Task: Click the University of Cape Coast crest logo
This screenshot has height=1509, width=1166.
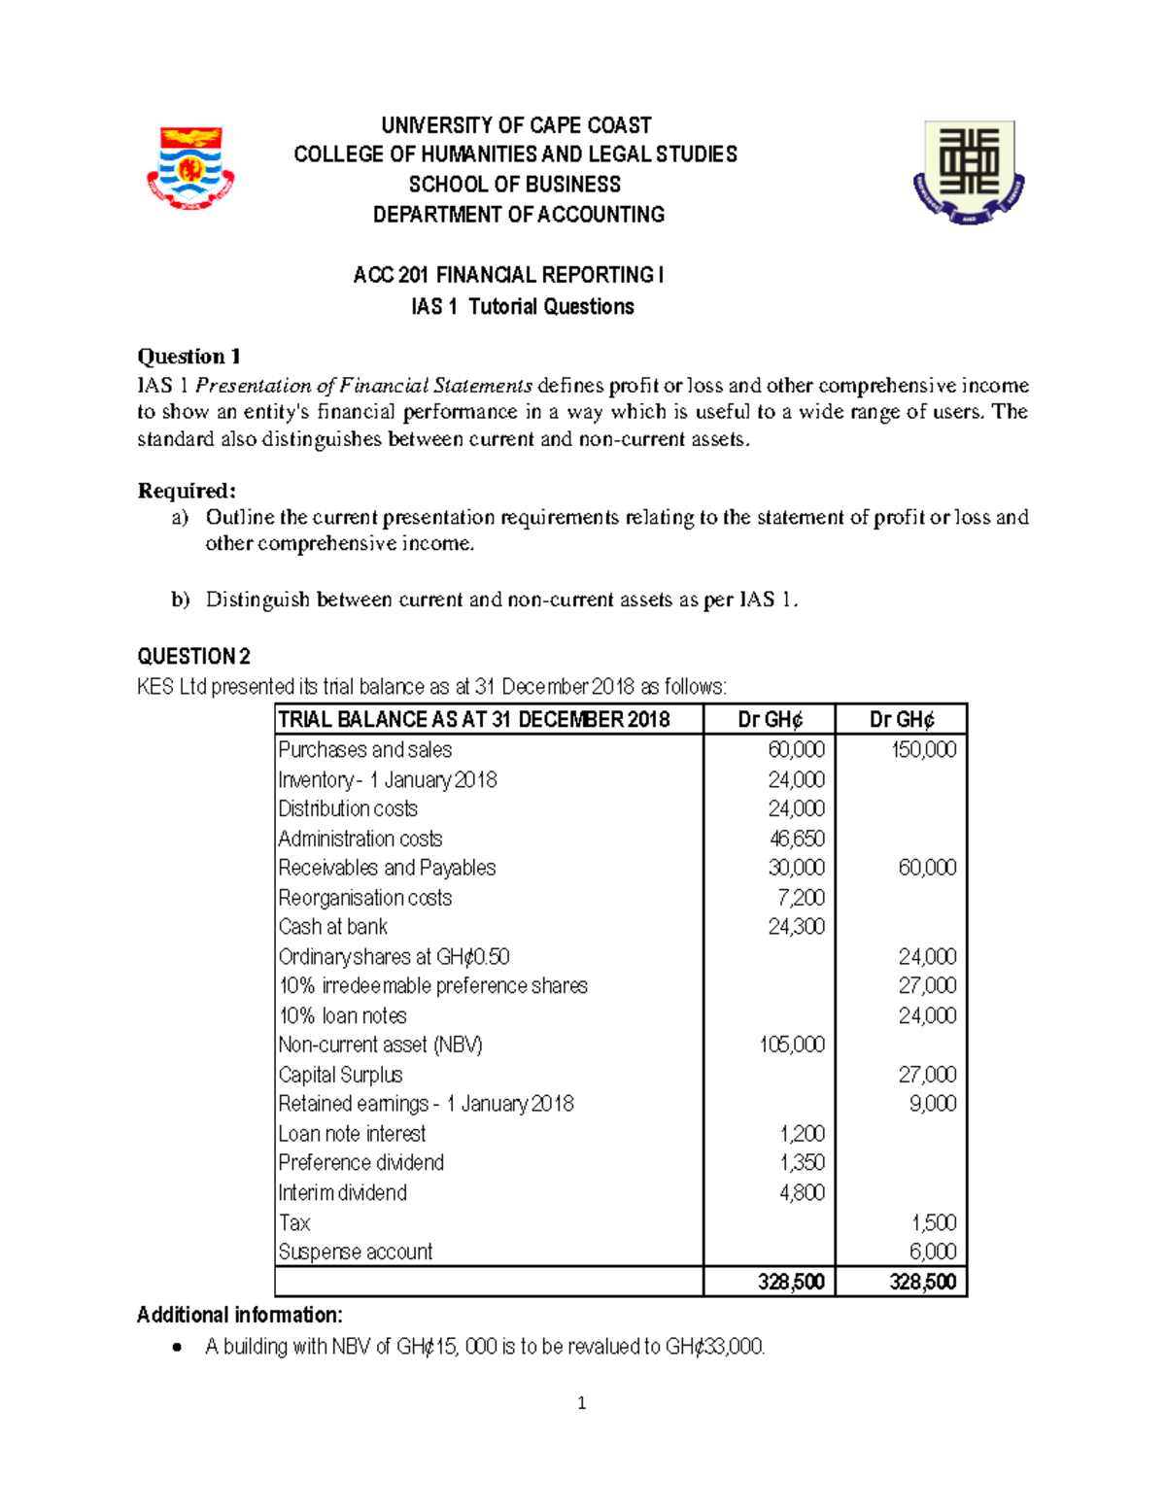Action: [x=190, y=167]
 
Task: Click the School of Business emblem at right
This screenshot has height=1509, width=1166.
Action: [x=969, y=171]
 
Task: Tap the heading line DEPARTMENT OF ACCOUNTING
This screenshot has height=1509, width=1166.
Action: [x=519, y=215]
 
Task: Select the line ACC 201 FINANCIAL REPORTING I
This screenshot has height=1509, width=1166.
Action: [x=508, y=275]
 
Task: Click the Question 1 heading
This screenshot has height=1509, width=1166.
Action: [x=189, y=356]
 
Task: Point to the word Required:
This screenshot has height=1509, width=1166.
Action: [x=187, y=490]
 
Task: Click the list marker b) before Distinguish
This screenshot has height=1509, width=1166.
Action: [x=181, y=600]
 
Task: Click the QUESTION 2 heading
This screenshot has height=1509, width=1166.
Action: [x=193, y=656]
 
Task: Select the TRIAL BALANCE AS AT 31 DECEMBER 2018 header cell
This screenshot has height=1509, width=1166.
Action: [x=474, y=720]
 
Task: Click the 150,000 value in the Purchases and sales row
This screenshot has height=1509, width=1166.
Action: [x=923, y=750]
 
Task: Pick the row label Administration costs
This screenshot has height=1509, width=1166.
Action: [x=360, y=839]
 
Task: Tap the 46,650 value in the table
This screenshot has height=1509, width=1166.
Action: [x=797, y=839]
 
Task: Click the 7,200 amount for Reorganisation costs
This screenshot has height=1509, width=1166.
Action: [x=802, y=898]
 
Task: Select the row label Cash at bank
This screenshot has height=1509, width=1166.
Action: [x=332, y=927]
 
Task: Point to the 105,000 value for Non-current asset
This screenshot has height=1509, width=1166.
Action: [x=791, y=1045]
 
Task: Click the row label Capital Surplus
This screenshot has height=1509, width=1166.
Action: [x=340, y=1075]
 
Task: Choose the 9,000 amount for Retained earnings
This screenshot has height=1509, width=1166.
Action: [x=932, y=1104]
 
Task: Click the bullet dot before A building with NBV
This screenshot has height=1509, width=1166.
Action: [x=176, y=1347]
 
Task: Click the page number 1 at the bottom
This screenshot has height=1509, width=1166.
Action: [x=581, y=1403]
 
